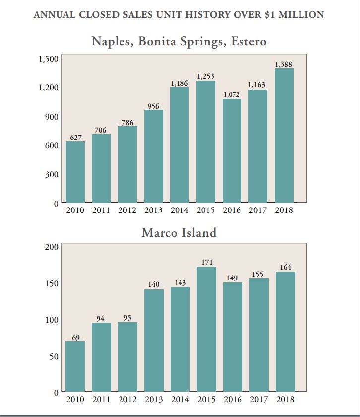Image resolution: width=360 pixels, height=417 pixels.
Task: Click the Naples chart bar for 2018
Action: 284,135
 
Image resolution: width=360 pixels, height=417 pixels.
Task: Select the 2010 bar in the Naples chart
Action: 75,172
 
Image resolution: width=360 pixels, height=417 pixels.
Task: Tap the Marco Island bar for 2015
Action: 206,329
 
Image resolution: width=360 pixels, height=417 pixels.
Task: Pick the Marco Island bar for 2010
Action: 75,366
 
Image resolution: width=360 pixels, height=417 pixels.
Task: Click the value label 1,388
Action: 283,64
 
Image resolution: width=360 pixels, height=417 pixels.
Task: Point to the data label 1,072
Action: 232,94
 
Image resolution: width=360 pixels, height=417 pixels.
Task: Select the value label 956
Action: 153,106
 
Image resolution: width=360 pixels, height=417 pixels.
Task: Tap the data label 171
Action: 207,262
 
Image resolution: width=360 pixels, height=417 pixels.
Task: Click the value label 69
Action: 76,338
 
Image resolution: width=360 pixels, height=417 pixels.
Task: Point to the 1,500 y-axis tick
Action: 49,59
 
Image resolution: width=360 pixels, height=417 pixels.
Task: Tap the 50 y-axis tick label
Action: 54,356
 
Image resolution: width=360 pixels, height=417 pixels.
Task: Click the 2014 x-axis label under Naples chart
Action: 180,210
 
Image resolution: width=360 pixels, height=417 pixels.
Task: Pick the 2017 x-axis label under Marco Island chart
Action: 258,399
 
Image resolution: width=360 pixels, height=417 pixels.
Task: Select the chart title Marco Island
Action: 179,232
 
